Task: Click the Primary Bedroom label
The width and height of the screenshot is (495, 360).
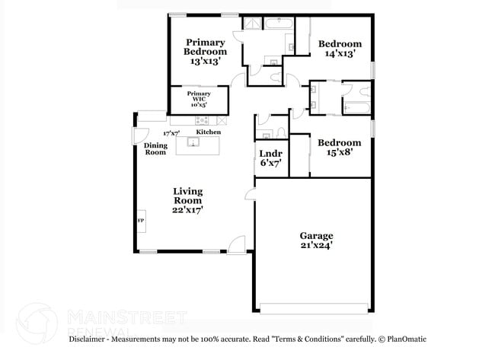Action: point(205,52)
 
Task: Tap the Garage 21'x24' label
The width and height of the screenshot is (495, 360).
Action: point(316,241)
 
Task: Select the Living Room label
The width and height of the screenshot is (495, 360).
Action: point(187,200)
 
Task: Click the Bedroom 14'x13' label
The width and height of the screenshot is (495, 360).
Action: point(339,49)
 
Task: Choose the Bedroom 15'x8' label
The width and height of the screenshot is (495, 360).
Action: point(339,147)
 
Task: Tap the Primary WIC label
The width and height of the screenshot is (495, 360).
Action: point(199,99)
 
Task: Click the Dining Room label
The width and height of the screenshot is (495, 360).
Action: point(155,148)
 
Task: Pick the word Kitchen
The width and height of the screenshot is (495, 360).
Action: point(209,132)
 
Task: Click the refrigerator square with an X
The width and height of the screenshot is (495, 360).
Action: point(222,119)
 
